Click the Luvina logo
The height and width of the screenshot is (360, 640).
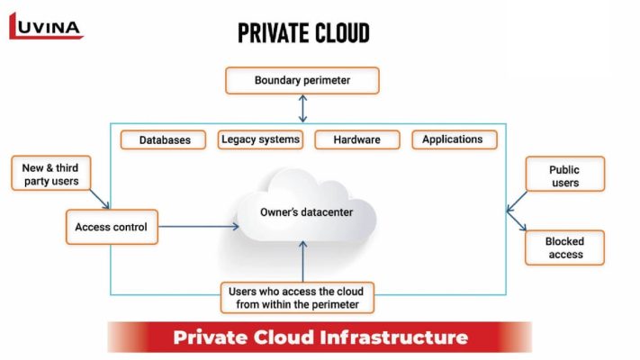pyautogui.click(x=46, y=26)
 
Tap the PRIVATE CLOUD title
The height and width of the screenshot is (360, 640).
pyautogui.click(x=303, y=33)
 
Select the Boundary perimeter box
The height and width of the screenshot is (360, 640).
pyautogui.click(x=302, y=80)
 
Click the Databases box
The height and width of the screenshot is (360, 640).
pyautogui.click(x=165, y=140)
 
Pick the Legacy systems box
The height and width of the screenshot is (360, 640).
pyautogui.click(x=260, y=139)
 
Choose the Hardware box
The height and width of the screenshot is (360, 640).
pyautogui.click(x=356, y=139)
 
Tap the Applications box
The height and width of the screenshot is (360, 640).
pyautogui.click(x=452, y=139)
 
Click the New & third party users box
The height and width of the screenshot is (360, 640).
pyautogui.click(x=50, y=175)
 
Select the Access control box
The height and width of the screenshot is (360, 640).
pyautogui.click(x=112, y=227)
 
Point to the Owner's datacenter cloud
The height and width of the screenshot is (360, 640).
pyautogui.click(x=306, y=213)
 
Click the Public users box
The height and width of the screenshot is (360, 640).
pyautogui.click(x=564, y=175)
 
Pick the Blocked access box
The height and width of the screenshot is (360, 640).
pyautogui.click(x=564, y=247)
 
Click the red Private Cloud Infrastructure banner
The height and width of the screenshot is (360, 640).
pyautogui.click(x=320, y=337)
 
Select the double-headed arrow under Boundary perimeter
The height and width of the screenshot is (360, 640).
pyautogui.click(x=302, y=109)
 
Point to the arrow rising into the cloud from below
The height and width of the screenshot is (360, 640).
pyautogui.click(x=302, y=261)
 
